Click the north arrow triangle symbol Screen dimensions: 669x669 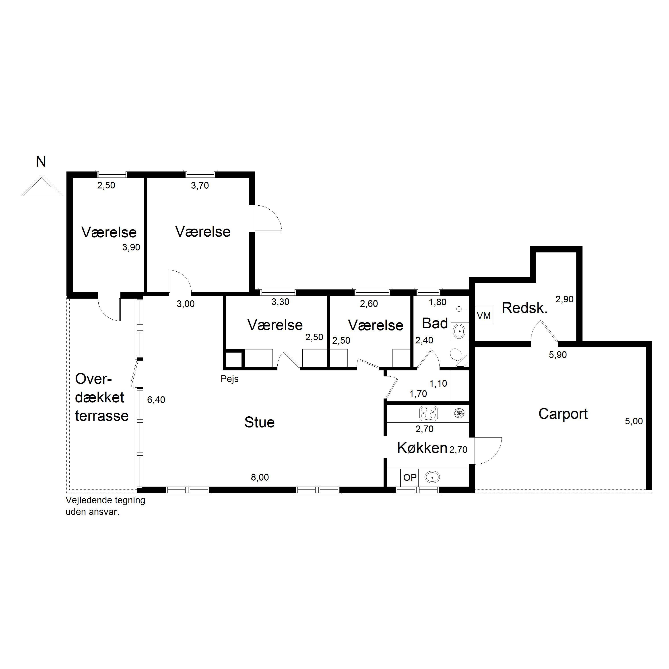coord(41,186)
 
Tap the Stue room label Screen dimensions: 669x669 coord(259,422)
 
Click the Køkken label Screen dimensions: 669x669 coord(422,448)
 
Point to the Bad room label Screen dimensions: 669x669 coord(435,323)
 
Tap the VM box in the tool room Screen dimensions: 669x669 coord(483,316)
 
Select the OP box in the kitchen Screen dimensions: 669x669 coord(410,477)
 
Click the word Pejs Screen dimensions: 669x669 coord(230,379)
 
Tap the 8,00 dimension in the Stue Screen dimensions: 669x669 coord(260,477)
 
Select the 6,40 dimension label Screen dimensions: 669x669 coord(156,400)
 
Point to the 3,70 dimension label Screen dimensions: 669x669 coord(200,186)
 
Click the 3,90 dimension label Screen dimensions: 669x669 coord(131,247)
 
